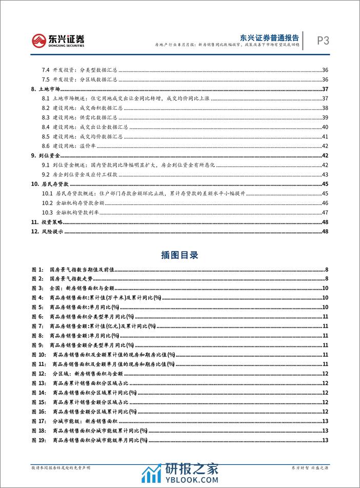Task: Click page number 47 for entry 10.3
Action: (x=325, y=213)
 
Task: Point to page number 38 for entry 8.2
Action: (x=325, y=108)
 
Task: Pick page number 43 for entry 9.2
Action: (x=325, y=174)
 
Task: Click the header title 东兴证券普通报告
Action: (x=270, y=35)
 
